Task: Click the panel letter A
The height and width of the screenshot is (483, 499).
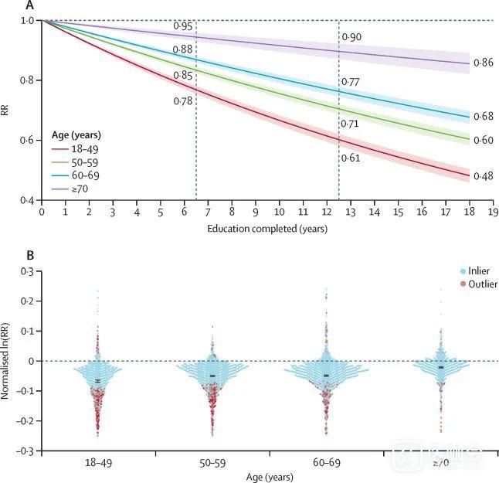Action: click(x=30, y=5)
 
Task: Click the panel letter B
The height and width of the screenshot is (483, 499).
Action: click(x=30, y=254)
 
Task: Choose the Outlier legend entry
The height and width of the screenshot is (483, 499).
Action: click(x=479, y=284)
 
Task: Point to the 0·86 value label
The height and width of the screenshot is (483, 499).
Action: click(x=483, y=62)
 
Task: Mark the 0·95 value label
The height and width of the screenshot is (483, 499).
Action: click(x=183, y=26)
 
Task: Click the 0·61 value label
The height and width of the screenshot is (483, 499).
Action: click(x=350, y=158)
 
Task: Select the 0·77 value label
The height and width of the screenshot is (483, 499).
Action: click(x=350, y=81)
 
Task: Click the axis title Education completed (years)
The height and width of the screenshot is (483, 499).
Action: click(x=266, y=229)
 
